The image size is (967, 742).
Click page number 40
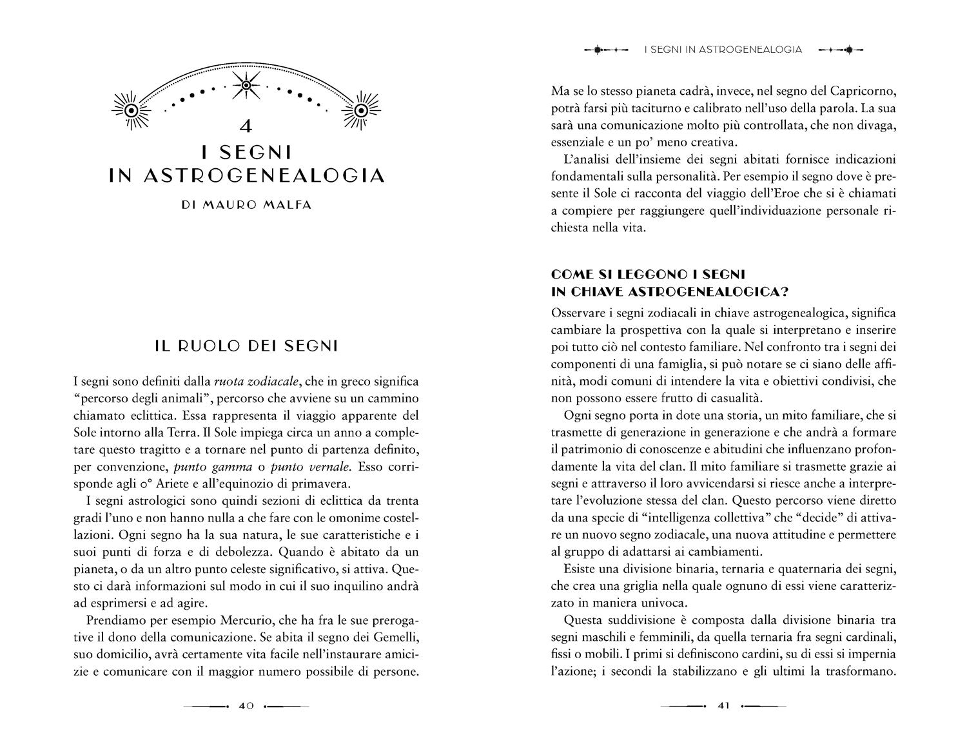tap(246, 706)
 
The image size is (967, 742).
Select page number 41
tap(723, 706)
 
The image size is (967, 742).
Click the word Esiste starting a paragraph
tap(581, 569)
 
